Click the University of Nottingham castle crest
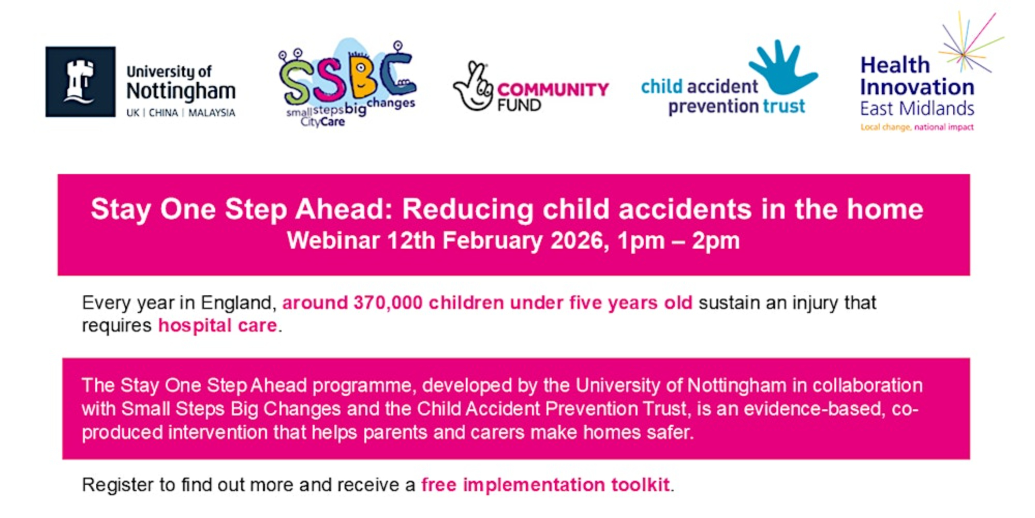tap(80, 82)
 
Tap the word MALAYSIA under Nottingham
tap(212, 113)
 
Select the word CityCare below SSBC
tap(322, 122)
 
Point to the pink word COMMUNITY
tap(553, 90)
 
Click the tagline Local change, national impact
tap(917, 127)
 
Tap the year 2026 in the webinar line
tap(580, 241)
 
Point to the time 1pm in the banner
tap(641, 241)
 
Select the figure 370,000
tap(388, 303)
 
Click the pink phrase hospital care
tap(218, 326)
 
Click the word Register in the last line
tap(117, 485)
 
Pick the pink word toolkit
tap(641, 485)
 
